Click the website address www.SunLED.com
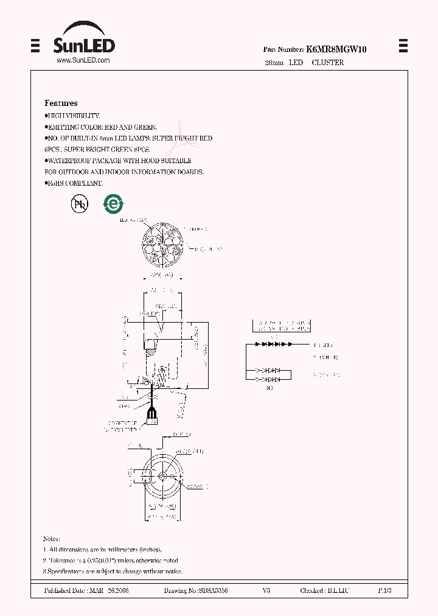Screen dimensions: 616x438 tap(83, 61)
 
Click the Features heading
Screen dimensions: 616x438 tap(61, 103)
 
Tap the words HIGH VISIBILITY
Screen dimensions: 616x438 tap(74, 116)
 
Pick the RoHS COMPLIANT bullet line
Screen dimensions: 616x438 tap(75, 183)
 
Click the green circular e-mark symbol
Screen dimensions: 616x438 tap(113, 205)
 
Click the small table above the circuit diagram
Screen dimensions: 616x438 tap(280, 325)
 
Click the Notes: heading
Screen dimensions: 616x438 tap(52, 539)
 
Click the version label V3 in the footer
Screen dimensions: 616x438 tap(266, 591)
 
